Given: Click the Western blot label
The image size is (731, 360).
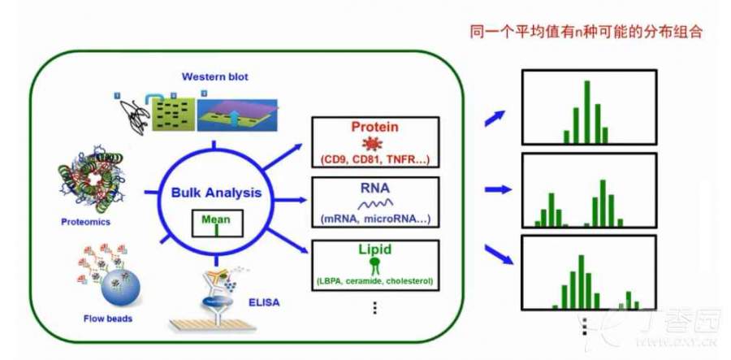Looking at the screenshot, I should click(214, 77).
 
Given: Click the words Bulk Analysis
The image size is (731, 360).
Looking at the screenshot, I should click(216, 193).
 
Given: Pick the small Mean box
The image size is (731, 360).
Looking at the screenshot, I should click(216, 223).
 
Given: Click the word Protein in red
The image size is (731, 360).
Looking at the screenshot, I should click(375, 127).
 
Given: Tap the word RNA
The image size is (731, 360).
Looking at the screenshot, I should click(374, 189).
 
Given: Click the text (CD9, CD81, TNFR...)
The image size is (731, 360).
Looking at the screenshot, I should click(374, 158).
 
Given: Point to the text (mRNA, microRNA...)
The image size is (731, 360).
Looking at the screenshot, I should click(374, 219).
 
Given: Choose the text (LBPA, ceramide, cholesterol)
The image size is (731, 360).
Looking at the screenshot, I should click(374, 281).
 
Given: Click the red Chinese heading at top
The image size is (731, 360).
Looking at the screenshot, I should click(586, 33).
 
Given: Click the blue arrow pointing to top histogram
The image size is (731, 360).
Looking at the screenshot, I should click(494, 118).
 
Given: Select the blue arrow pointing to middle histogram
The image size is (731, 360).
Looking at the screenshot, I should click(495, 189).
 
